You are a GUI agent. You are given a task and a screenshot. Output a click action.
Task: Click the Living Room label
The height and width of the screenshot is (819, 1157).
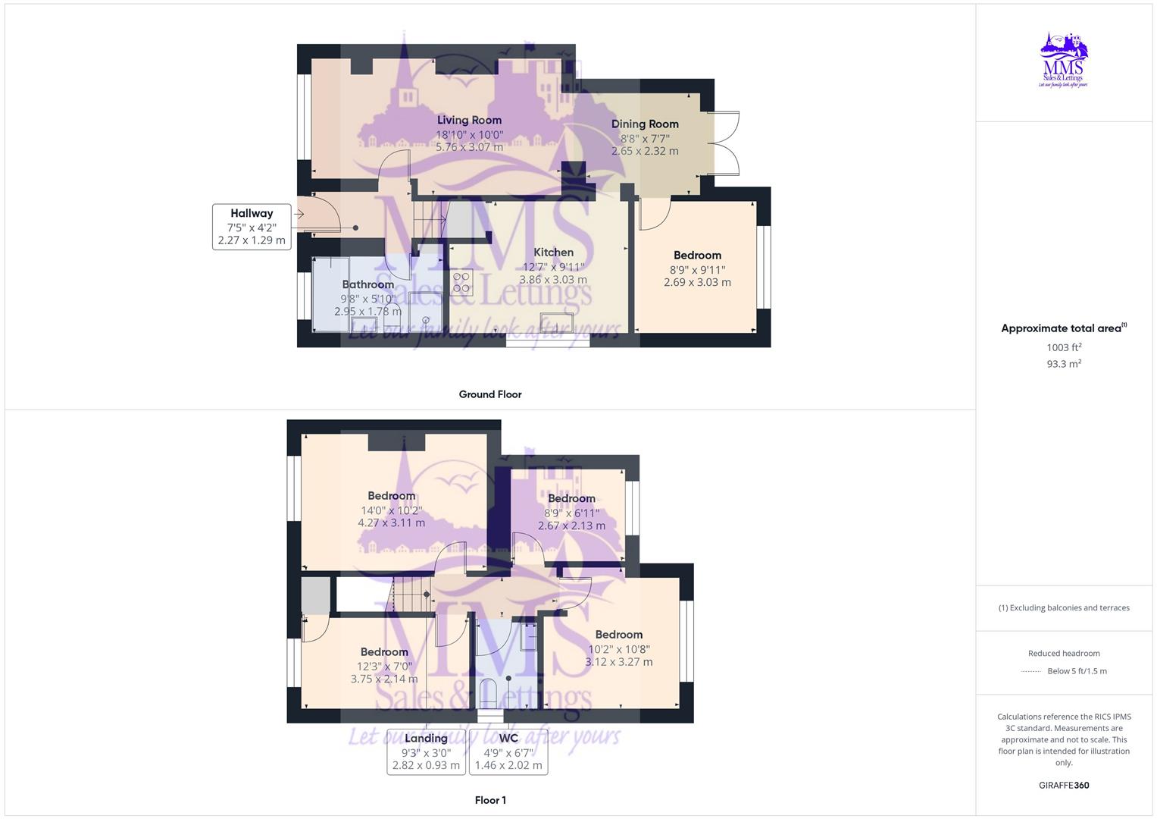pyautogui.click(x=469, y=120)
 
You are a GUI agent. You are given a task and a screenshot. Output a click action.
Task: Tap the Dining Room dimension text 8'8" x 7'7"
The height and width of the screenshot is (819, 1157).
pyautogui.click(x=645, y=138)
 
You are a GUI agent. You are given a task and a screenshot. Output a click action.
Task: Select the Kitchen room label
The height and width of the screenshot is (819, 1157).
pyautogui.click(x=553, y=253)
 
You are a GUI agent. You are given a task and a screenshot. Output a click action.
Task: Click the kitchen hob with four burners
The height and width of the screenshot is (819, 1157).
pyautogui.click(x=461, y=282)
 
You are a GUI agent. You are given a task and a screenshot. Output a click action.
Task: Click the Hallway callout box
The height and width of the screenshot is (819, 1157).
pyautogui.click(x=252, y=227)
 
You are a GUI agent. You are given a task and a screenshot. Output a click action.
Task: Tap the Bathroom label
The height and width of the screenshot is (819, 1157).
pyautogui.click(x=368, y=284)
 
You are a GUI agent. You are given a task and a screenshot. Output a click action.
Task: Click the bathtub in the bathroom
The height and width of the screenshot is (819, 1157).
pyautogui.click(x=330, y=294)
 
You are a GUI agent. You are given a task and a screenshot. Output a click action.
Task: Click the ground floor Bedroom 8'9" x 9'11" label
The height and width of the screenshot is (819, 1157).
pyautogui.click(x=697, y=256)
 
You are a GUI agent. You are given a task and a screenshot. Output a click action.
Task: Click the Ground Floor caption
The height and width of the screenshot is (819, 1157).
pyautogui.click(x=490, y=394)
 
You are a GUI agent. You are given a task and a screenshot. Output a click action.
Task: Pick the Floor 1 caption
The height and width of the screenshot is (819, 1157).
pyautogui.click(x=490, y=800)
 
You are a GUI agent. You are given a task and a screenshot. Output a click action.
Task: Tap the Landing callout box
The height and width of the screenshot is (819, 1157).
pyautogui.click(x=426, y=752)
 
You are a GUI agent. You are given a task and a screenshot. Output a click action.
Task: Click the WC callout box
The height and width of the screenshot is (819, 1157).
pyautogui.click(x=508, y=752)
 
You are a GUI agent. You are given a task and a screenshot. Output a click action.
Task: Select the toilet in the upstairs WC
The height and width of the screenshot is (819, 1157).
pyautogui.click(x=489, y=693)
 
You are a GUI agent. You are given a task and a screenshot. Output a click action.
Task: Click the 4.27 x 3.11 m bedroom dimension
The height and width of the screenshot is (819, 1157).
pyautogui.click(x=392, y=522)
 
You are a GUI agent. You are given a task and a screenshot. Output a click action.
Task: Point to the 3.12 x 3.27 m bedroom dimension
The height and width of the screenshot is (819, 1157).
pyautogui.click(x=618, y=662)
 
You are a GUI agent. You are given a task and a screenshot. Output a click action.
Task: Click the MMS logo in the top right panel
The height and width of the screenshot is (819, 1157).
pyautogui.click(x=1064, y=60)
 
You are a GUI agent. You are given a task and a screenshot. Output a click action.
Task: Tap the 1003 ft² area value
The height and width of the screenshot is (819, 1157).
pyautogui.click(x=1064, y=347)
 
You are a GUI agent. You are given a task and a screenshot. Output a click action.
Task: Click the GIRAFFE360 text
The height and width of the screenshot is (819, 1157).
pyautogui.click(x=1064, y=785)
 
